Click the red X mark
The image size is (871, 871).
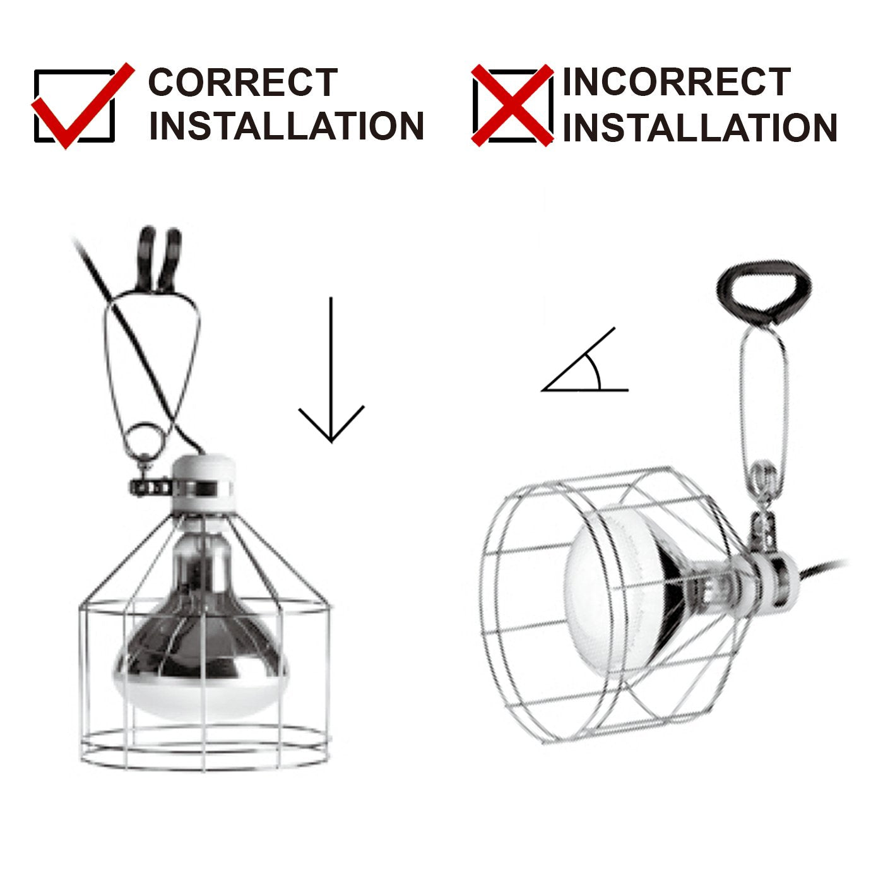[513, 105]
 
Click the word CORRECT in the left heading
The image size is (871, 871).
[243, 82]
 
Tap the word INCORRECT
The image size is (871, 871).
[677, 82]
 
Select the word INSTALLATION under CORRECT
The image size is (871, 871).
[286, 126]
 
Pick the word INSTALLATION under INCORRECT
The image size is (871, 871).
[700, 127]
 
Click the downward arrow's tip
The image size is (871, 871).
[331, 442]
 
